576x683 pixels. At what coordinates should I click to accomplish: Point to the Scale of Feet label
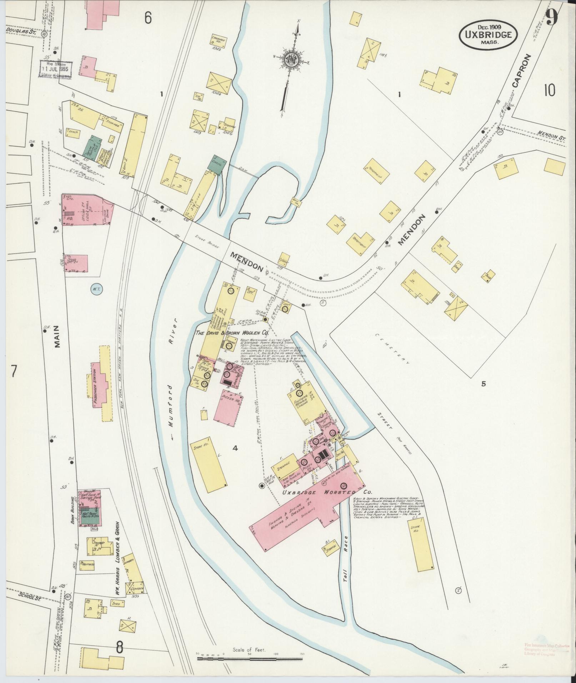249,650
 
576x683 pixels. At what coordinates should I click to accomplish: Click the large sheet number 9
552,16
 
